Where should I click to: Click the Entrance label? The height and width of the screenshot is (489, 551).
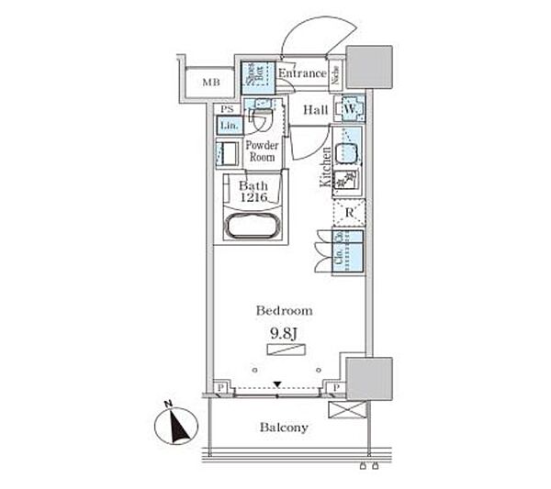(301, 73)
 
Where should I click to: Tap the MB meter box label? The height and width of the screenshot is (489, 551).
(211, 82)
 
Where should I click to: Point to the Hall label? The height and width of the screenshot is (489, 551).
(315, 110)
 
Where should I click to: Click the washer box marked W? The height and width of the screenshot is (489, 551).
(350, 109)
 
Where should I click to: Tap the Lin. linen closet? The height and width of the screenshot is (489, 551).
(230, 125)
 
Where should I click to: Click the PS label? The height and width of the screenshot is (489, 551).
(227, 108)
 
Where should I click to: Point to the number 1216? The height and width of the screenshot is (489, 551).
(255, 197)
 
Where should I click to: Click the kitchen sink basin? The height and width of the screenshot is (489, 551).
(346, 153)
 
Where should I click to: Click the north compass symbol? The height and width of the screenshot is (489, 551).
(174, 425)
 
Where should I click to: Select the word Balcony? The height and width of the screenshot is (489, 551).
(283, 428)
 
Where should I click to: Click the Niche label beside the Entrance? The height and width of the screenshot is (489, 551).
(337, 74)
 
